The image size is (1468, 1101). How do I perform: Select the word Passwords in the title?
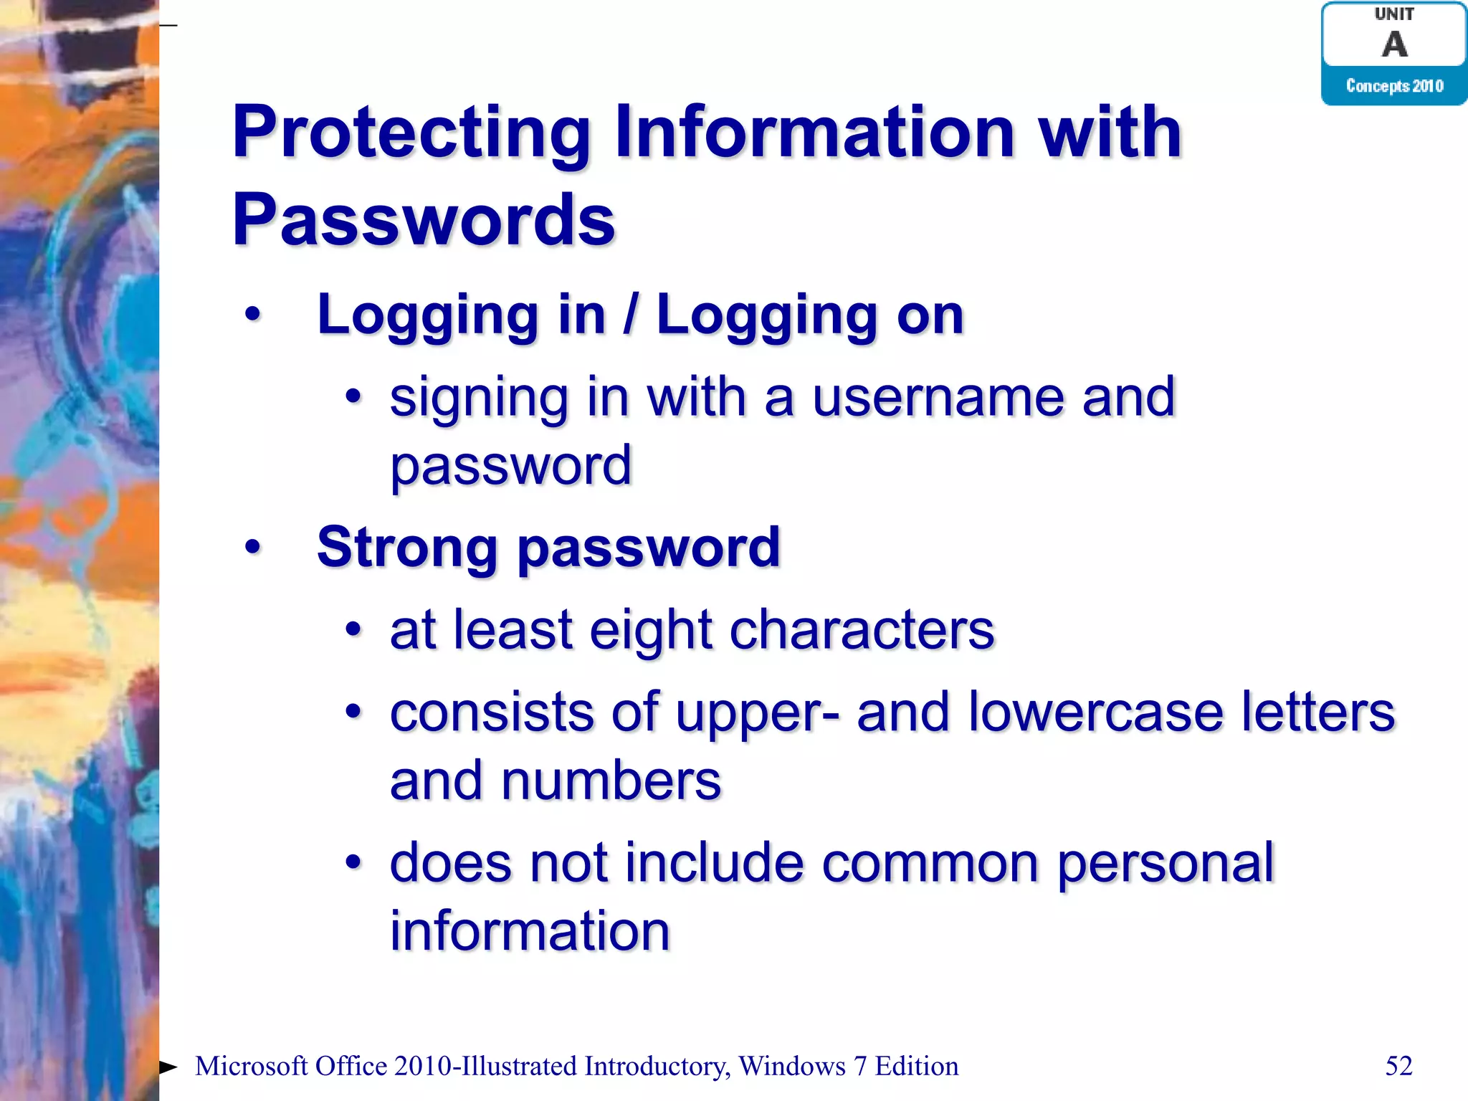424,220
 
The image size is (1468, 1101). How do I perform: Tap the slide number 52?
1398,1066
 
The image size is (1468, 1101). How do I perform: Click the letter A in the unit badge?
1394,44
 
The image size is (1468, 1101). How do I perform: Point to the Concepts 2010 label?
1394,86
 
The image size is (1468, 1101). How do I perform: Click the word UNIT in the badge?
1394,14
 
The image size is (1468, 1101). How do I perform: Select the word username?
938,397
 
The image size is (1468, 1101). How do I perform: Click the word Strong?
407,547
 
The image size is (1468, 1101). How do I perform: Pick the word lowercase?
1095,712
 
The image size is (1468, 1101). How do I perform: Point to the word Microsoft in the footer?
251,1066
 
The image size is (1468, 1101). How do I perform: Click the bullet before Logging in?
252,314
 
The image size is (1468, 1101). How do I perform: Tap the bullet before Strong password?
252,547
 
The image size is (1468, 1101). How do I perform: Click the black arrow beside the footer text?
168,1067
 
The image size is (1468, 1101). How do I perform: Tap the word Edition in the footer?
917,1066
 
